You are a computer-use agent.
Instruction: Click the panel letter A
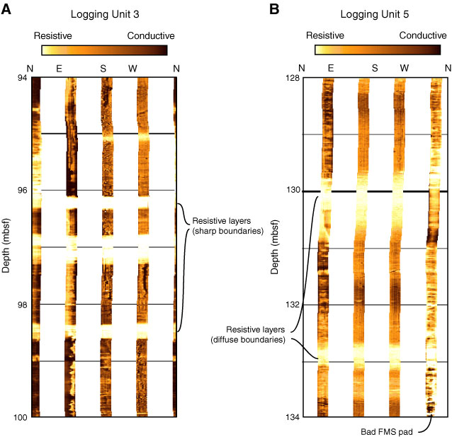[9, 11]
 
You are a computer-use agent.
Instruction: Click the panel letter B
[275, 11]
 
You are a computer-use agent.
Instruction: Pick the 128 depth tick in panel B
[292, 78]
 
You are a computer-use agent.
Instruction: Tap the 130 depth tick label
[292, 191]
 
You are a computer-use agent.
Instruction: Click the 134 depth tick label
[292, 417]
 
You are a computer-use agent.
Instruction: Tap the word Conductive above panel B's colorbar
[423, 35]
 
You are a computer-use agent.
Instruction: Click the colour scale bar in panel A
[104, 50]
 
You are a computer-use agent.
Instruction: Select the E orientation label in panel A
[59, 68]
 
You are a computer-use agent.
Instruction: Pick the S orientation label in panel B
[375, 68]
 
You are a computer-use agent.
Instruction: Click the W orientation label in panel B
[404, 68]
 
